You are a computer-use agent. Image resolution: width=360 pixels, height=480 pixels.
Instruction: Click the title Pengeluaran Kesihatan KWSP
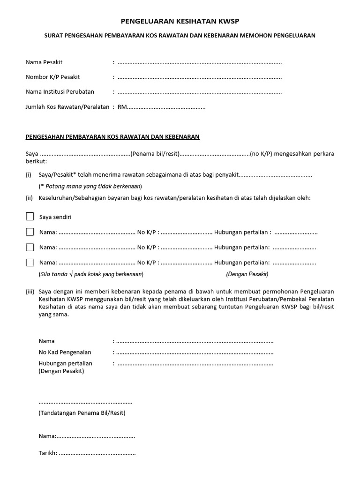[176, 21]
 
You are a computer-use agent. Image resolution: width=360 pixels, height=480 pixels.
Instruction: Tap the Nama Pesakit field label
[44, 62]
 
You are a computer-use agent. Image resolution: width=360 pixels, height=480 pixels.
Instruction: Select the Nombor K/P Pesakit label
[52, 77]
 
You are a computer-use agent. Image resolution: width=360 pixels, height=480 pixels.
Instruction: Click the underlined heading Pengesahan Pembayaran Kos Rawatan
[112, 136]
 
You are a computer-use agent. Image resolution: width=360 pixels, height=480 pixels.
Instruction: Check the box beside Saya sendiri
[30, 217]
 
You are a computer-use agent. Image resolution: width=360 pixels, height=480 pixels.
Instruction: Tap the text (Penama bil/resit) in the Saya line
[155, 154]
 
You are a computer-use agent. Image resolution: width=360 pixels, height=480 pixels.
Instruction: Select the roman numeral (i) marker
[29, 175]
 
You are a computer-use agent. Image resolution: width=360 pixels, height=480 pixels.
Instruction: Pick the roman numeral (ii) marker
[29, 198]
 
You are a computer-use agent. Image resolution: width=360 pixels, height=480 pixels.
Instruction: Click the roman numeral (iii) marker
[30, 291]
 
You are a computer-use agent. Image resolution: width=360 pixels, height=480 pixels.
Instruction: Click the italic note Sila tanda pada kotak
[91, 274]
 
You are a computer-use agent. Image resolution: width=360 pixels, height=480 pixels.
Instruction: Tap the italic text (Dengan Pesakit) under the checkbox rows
[247, 274]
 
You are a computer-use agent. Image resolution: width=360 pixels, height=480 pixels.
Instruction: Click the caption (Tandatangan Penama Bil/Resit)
[82, 413]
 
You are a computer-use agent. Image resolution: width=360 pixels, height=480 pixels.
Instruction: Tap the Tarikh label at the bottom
[48, 453]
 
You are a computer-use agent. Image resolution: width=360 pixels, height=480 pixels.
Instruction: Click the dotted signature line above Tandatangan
[85, 402]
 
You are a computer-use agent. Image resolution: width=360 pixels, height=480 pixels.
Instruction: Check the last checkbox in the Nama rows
[30, 262]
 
